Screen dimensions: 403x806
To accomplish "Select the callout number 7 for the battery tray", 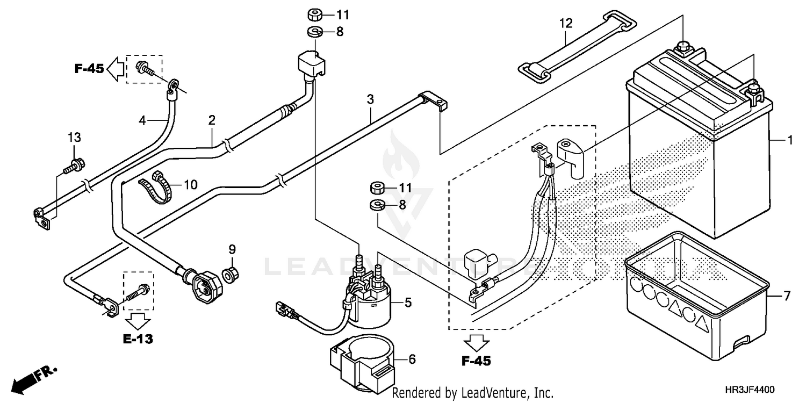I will (x=787, y=296).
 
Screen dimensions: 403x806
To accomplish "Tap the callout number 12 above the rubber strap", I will (x=566, y=24).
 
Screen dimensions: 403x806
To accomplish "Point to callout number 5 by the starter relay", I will (x=408, y=303).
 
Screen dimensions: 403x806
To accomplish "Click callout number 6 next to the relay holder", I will (x=412, y=359).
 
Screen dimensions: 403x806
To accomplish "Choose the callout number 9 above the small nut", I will (x=232, y=249).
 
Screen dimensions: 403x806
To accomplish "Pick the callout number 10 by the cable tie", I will (x=190, y=185).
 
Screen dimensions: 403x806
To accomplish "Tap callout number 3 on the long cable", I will (x=370, y=99).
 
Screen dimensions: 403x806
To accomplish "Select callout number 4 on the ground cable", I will (x=142, y=121).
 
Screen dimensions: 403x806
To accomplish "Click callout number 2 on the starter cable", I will (x=212, y=119).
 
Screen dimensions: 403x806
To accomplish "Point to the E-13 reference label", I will (x=138, y=339).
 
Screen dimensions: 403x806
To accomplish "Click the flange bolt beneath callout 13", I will (x=72, y=164).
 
